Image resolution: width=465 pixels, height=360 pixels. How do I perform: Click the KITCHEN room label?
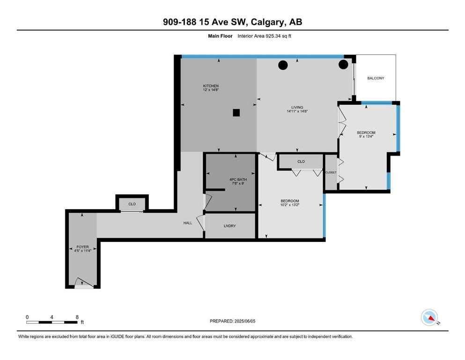click(x=211, y=86)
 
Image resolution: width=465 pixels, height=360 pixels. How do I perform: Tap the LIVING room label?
click(x=297, y=107)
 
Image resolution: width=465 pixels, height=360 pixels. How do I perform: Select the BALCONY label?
click(x=376, y=78)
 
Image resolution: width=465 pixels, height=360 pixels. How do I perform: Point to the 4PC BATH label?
click(x=238, y=180)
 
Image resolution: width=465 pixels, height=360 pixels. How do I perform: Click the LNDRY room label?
click(x=230, y=226)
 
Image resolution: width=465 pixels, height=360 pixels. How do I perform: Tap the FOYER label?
click(x=82, y=247)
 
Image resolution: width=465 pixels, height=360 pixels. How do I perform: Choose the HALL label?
click(x=188, y=223)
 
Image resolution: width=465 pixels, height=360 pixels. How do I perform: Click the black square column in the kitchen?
click(x=236, y=113)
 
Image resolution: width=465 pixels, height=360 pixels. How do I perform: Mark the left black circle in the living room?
click(x=283, y=65)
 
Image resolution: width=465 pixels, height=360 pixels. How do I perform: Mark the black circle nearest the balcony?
click(x=343, y=64)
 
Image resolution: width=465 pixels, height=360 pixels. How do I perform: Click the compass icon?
click(x=429, y=317)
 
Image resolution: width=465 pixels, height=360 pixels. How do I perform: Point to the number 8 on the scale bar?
click(x=77, y=317)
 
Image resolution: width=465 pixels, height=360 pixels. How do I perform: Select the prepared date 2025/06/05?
click(x=244, y=321)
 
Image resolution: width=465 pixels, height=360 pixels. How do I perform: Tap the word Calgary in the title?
click(x=269, y=22)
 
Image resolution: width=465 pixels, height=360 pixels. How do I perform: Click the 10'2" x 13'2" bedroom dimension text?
click(x=290, y=204)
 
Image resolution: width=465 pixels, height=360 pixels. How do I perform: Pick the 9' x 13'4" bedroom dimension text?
click(x=366, y=136)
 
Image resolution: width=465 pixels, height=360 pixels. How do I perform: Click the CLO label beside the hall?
click(x=132, y=204)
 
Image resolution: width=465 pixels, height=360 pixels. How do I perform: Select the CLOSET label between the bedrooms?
click(x=331, y=172)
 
